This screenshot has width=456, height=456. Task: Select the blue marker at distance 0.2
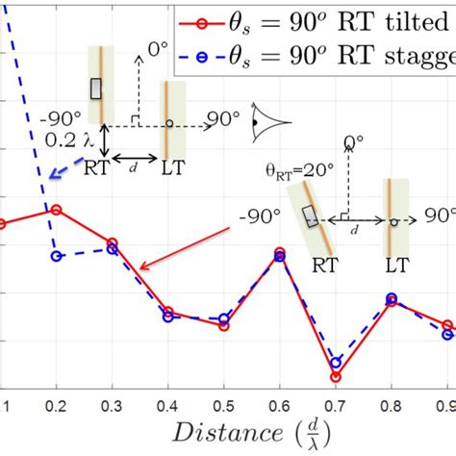point(56,256)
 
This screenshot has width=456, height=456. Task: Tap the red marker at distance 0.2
point(56,210)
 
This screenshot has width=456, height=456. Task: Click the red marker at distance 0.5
point(224,326)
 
